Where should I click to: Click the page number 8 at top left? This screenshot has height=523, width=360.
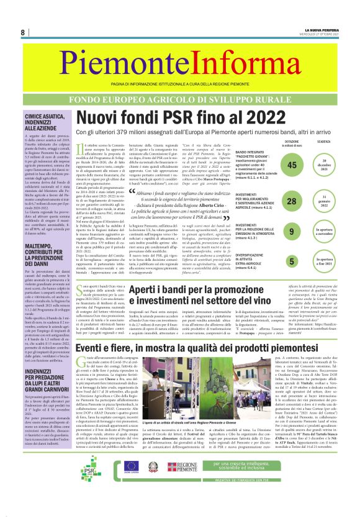[x=22, y=32]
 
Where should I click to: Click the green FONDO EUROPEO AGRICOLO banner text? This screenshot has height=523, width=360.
[x=179, y=99]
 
